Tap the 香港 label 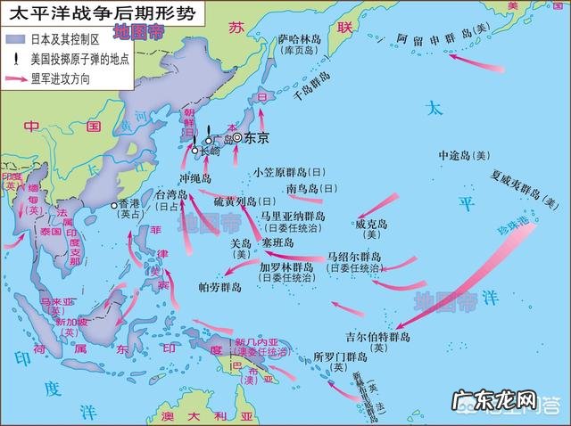click(130, 203)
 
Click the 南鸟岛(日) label click(313, 188)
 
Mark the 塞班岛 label click(280, 242)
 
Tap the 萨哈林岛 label click(300, 39)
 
